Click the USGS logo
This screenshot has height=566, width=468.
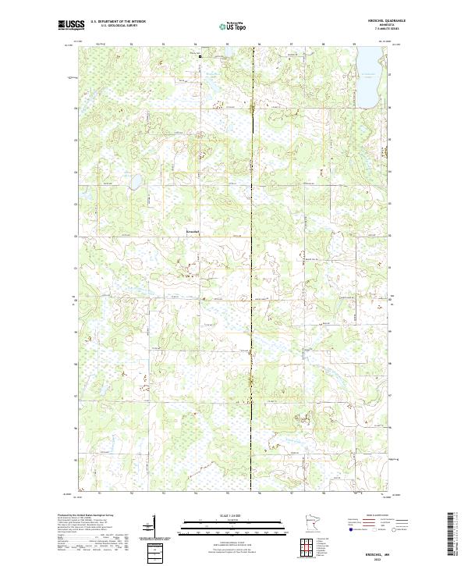pyautogui.click(x=72, y=25)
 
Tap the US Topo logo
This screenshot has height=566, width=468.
pyautogui.click(x=232, y=26)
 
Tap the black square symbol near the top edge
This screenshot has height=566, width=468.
pyautogui.click(x=199, y=55)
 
